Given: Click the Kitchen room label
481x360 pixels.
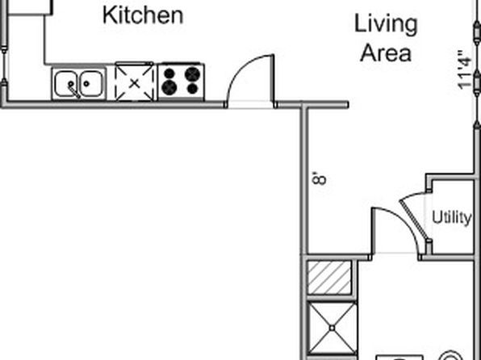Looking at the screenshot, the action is [143, 15].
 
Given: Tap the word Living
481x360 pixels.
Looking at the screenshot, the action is [386, 25].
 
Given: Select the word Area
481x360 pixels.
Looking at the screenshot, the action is [386, 53].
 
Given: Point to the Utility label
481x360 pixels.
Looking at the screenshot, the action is [452, 218].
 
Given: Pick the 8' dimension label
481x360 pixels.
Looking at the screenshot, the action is [319, 178].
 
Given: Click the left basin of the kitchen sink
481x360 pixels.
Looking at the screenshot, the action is [65, 83].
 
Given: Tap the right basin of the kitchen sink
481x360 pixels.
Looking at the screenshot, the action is [90, 83].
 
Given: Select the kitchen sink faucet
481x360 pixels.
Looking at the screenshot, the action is [73, 90].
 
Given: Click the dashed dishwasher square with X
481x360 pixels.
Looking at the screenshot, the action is [134, 83].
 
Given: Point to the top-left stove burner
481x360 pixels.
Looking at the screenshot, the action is [169, 73].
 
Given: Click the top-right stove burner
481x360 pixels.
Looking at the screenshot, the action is [193, 74].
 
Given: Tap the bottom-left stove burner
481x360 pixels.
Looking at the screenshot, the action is [169, 88].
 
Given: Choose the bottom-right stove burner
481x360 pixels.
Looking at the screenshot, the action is [192, 89].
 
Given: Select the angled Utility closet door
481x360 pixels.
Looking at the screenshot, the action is [414, 219].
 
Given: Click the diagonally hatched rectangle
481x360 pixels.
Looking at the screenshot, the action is [329, 278].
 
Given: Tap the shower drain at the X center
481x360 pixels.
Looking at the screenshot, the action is [332, 328].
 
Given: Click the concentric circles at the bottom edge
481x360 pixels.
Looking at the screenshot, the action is [450, 356].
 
